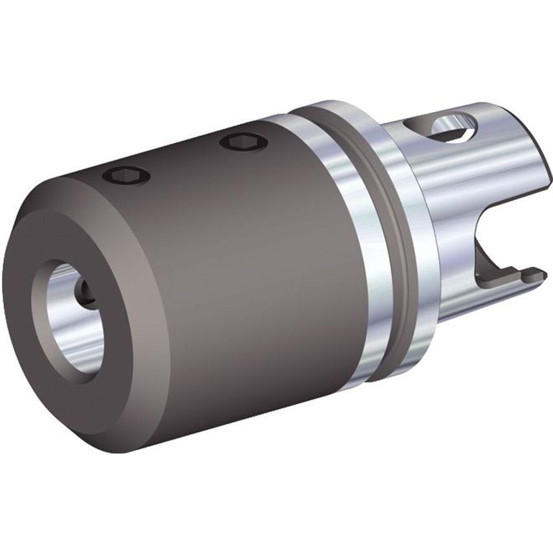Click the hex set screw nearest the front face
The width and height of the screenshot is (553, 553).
[x=127, y=175]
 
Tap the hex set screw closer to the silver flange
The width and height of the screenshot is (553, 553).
[x=243, y=142]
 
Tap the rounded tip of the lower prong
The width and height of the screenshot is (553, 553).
[x=541, y=275]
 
